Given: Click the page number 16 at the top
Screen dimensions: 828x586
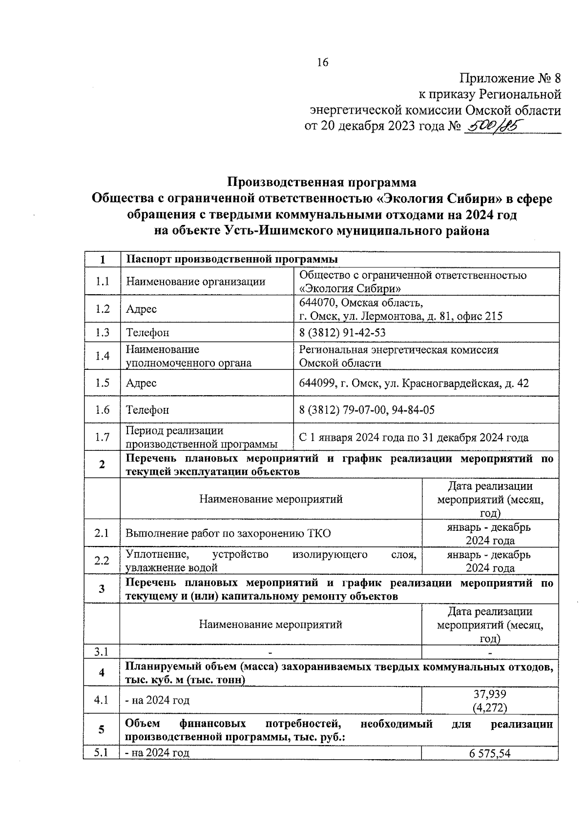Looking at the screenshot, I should click(x=323, y=62).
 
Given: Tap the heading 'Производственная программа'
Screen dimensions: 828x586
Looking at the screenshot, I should click(x=322, y=182).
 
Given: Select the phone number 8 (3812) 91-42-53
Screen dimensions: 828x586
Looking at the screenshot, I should click(x=342, y=332).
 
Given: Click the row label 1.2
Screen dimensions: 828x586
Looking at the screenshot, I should click(x=102, y=309).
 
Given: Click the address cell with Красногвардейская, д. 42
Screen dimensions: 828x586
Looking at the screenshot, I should click(x=414, y=383).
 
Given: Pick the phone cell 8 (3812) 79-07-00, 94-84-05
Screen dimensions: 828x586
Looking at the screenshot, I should click(x=367, y=410).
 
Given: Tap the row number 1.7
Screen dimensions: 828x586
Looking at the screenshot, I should click(x=102, y=437).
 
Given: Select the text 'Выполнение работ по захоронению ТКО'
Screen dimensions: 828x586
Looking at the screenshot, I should click(x=228, y=533).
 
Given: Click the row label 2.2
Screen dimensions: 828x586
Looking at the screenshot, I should click(x=102, y=561).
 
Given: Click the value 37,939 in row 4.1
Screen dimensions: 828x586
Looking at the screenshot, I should click(x=490, y=694).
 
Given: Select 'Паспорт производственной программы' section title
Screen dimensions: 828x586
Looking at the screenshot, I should click(x=232, y=259).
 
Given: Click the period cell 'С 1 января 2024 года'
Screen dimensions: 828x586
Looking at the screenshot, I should click(x=413, y=438).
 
